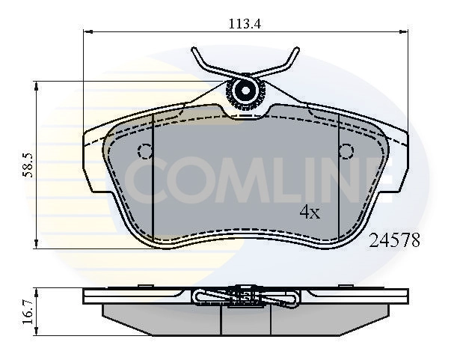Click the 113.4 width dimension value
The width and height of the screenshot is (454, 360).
pyautogui.click(x=245, y=24)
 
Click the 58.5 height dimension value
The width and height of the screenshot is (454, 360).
pyautogui.click(x=28, y=165)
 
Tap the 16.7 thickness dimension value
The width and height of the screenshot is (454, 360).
pyautogui.click(x=28, y=312)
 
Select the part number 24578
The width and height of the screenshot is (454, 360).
pyautogui.click(x=394, y=241)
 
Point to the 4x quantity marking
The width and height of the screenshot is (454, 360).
pyautogui.click(x=310, y=213)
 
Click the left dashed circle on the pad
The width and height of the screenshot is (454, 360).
pyautogui.click(x=145, y=151)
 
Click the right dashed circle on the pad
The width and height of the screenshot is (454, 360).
pyautogui.click(x=346, y=151)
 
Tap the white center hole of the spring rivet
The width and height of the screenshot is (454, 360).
pyautogui.click(x=245, y=91)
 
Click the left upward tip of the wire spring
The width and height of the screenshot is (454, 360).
pyautogui.click(x=194, y=49)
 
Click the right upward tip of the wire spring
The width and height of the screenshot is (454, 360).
pyautogui.click(x=297, y=49)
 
